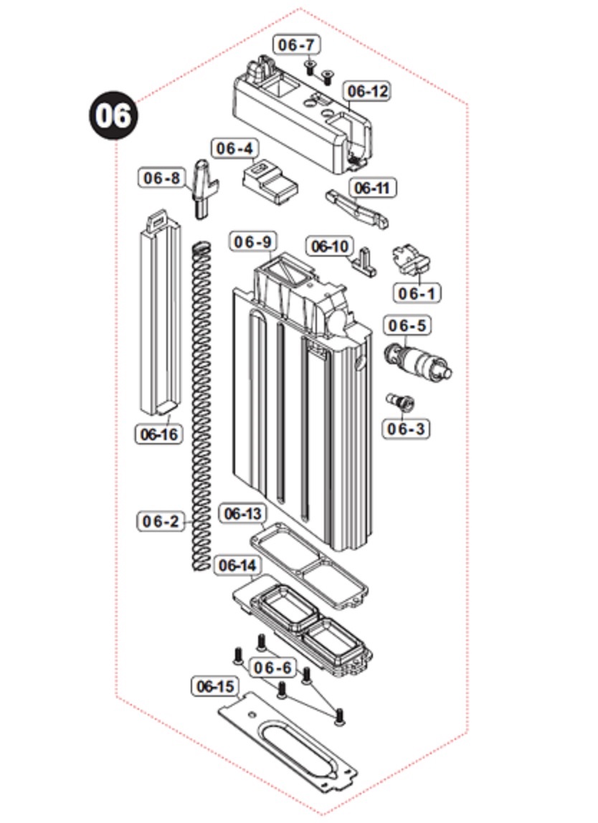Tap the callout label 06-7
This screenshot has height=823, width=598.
click(x=297, y=44)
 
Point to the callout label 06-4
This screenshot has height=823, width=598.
click(x=234, y=148)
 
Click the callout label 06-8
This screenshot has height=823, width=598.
click(x=162, y=178)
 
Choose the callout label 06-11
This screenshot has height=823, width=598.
click(x=374, y=189)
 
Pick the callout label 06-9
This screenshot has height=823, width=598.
click(x=254, y=242)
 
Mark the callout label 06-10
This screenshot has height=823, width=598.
click(x=330, y=247)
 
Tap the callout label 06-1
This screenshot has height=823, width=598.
click(x=417, y=293)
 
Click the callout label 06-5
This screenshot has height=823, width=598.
click(x=407, y=326)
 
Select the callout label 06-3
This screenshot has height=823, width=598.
click(x=406, y=429)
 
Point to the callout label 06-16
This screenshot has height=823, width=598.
click(x=158, y=434)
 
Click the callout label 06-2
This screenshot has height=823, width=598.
click(x=161, y=521)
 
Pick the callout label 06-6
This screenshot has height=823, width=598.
click(x=273, y=668)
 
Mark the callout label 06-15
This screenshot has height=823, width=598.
click(x=215, y=687)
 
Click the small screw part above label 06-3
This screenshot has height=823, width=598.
click(x=401, y=401)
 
